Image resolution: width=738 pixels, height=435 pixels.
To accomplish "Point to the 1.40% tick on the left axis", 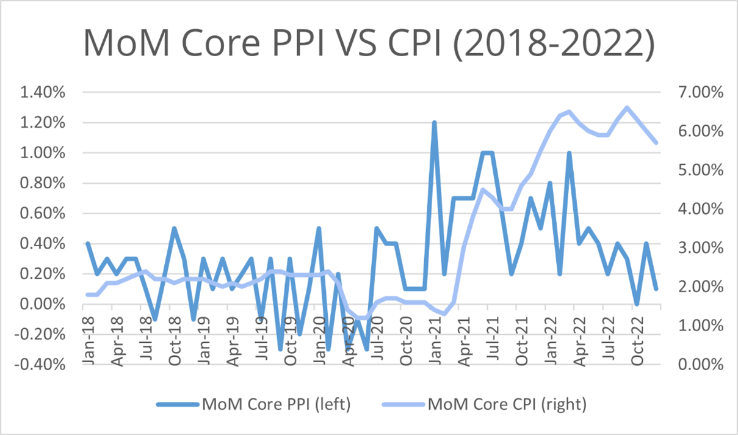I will point(44,93).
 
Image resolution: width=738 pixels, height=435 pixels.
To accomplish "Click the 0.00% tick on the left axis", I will point(44,304).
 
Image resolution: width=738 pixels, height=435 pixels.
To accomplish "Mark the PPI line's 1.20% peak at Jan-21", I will point(435,123).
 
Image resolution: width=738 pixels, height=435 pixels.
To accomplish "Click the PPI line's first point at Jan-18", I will point(87,244).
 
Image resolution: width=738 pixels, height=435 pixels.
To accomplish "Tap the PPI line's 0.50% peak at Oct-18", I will point(174,228).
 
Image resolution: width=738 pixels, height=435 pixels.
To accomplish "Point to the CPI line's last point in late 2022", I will point(656,143).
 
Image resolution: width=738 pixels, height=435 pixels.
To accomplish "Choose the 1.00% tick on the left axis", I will point(44,153).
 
